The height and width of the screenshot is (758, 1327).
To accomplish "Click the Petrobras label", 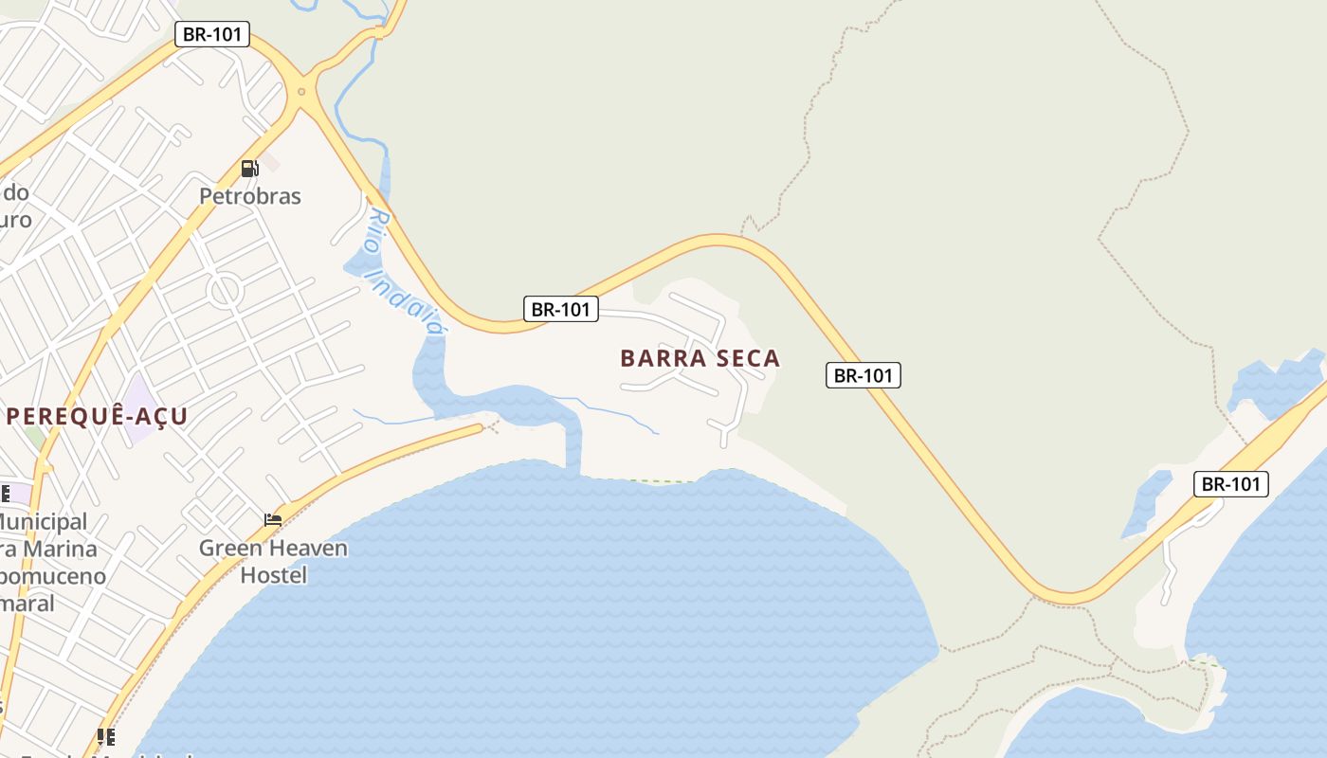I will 249,196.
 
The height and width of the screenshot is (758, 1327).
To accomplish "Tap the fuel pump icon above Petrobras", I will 249,169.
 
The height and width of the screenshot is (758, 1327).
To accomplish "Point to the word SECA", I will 748,358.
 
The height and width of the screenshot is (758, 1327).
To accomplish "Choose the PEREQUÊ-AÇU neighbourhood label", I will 97,416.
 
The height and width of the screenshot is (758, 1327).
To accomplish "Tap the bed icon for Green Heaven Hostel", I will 273,519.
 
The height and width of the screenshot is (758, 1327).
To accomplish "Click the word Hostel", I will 273,575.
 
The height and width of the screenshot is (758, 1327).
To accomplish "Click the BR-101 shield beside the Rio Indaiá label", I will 561,309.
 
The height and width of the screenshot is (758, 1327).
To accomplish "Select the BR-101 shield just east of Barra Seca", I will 863,375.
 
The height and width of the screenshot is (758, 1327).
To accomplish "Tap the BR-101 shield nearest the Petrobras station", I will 212,35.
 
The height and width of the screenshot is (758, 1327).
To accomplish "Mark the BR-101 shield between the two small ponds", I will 1230,484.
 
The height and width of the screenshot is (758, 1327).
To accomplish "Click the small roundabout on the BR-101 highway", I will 301,92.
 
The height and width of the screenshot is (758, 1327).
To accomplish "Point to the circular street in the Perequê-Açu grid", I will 225,290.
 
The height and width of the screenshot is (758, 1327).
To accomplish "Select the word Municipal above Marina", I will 43,521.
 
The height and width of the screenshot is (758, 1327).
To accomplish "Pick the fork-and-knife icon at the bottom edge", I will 106,736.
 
